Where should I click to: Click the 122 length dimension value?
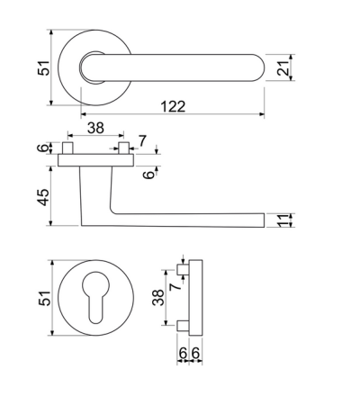(x=173, y=106)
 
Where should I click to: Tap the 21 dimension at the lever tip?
(x=283, y=67)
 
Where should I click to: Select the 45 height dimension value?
(x=43, y=197)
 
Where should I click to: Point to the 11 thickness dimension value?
(x=283, y=220)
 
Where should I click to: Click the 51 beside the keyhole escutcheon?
(x=44, y=298)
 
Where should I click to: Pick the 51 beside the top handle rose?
(x=43, y=67)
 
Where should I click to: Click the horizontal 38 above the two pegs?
(x=95, y=128)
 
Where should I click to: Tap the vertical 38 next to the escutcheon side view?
(x=158, y=297)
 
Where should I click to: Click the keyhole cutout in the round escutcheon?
(x=96, y=297)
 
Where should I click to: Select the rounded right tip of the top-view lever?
(x=260, y=67)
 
